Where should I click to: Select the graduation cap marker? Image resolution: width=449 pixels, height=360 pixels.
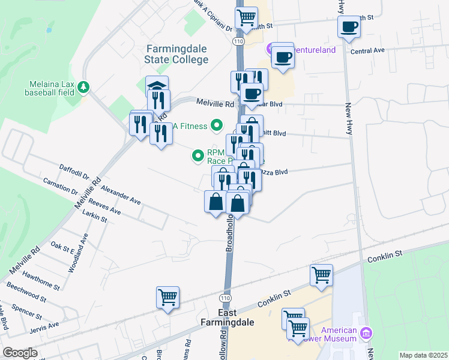[157, 86]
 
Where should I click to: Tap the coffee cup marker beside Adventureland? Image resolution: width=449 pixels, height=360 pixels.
[282, 58]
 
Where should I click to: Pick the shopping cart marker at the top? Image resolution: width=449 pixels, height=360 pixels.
[246, 19]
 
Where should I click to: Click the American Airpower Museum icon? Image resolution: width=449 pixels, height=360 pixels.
[366, 332]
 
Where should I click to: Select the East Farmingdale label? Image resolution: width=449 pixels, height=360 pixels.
[228, 317]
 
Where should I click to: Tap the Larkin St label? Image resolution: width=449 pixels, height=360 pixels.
[95, 216]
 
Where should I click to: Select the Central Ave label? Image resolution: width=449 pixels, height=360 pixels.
[367, 51]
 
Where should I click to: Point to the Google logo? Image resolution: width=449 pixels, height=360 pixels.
[20, 353]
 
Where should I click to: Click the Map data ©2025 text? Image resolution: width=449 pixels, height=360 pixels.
[423, 355]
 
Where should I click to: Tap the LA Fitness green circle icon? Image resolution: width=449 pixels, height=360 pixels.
[217, 126]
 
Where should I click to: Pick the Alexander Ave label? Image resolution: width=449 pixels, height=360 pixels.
[121, 195]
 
